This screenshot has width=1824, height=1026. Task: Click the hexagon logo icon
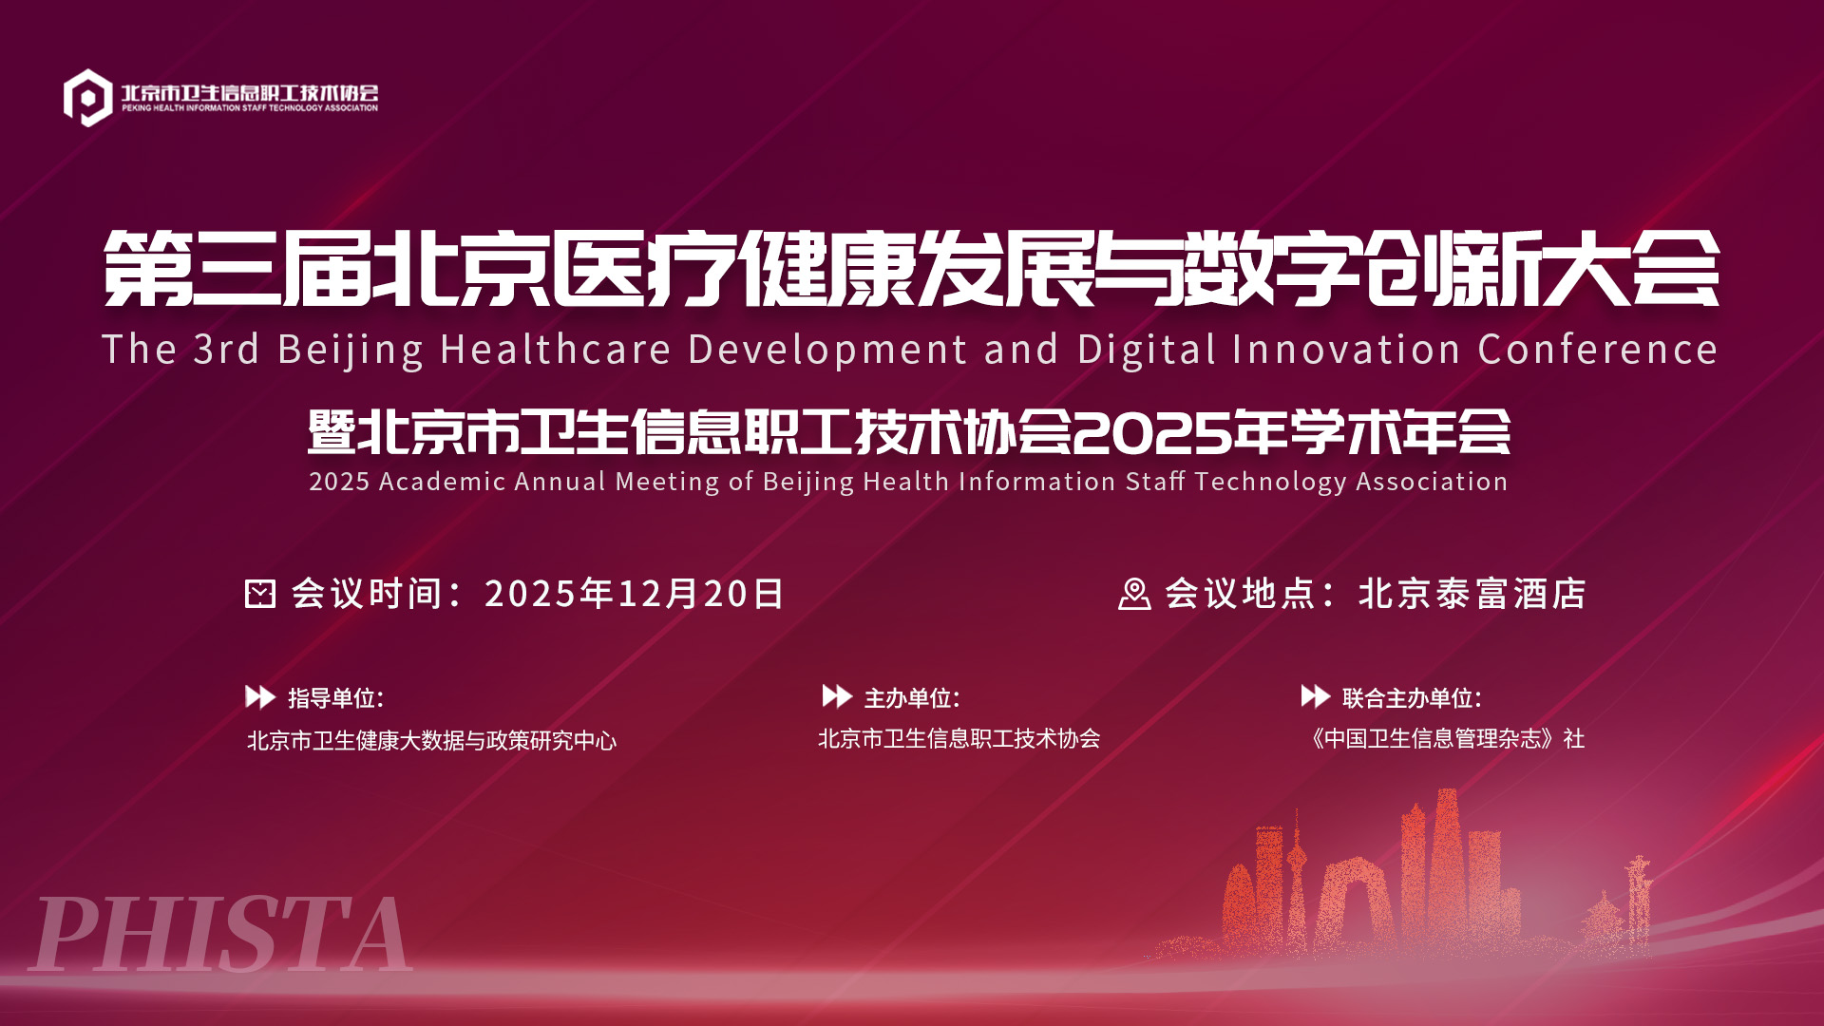(x=87, y=97)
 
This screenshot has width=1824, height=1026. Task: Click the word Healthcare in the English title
(x=556, y=350)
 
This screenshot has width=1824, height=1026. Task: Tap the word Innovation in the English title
(x=1346, y=350)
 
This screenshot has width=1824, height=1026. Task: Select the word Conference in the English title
(x=1598, y=350)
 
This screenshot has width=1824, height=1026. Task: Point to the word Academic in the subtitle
(x=442, y=482)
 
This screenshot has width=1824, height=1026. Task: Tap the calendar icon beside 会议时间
(x=260, y=594)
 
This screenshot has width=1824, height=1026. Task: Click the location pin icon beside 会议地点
(x=1134, y=594)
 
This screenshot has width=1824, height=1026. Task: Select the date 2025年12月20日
(x=635, y=594)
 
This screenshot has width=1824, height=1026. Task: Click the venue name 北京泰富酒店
(x=1472, y=594)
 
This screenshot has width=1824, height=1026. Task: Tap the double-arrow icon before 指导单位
(x=260, y=696)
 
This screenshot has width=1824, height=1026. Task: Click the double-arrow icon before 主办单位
(x=837, y=696)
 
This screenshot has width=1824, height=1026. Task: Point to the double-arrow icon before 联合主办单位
(x=1316, y=696)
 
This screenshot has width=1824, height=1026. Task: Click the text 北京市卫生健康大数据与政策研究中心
(x=432, y=740)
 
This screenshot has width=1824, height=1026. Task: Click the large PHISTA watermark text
(x=221, y=935)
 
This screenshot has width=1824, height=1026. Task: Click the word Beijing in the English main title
(x=351, y=350)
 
